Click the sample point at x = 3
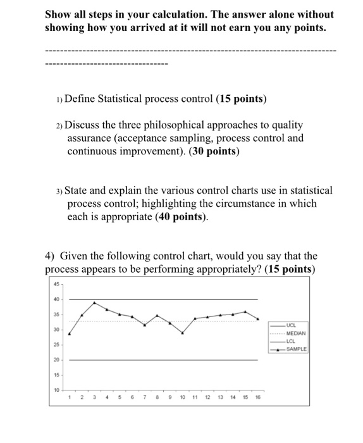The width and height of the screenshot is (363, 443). [x=94, y=303]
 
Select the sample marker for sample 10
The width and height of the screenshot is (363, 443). [x=182, y=332]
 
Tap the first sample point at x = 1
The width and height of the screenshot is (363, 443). [x=69, y=334]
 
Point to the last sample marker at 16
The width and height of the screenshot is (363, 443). [x=258, y=319]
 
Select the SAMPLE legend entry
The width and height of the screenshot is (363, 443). [x=295, y=349]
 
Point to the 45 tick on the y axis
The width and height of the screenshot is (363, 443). [x=56, y=284]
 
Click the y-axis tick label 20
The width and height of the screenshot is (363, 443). [x=56, y=359]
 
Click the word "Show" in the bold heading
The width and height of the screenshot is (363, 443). [x=58, y=14]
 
